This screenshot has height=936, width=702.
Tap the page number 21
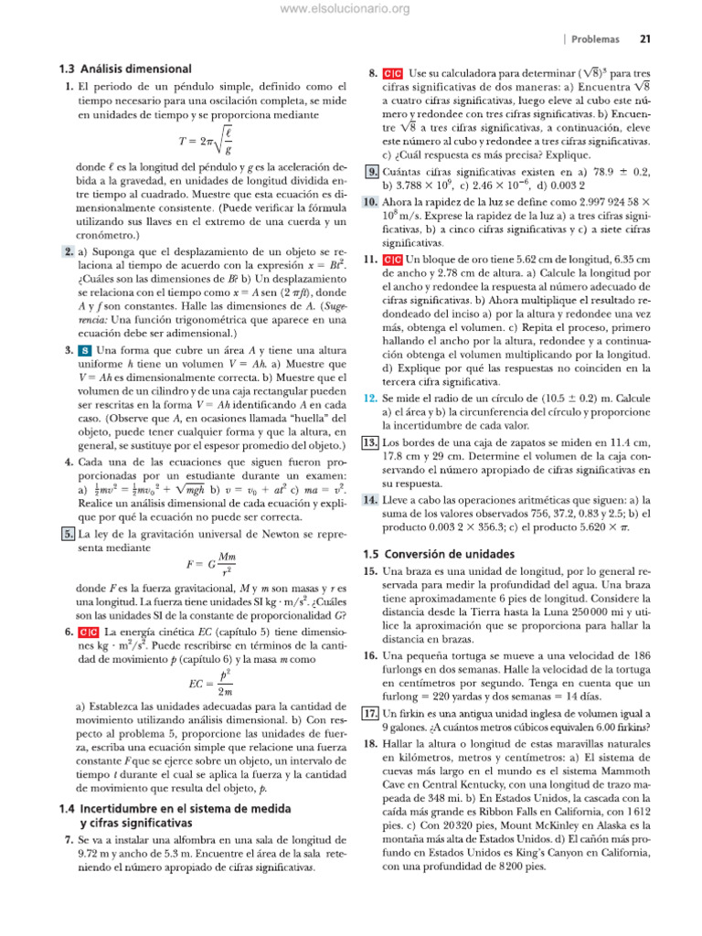644,39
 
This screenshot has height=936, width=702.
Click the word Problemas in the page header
596,39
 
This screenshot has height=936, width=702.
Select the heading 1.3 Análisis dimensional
123,69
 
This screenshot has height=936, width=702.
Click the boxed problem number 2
69,251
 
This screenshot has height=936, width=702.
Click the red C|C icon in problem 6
88,632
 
